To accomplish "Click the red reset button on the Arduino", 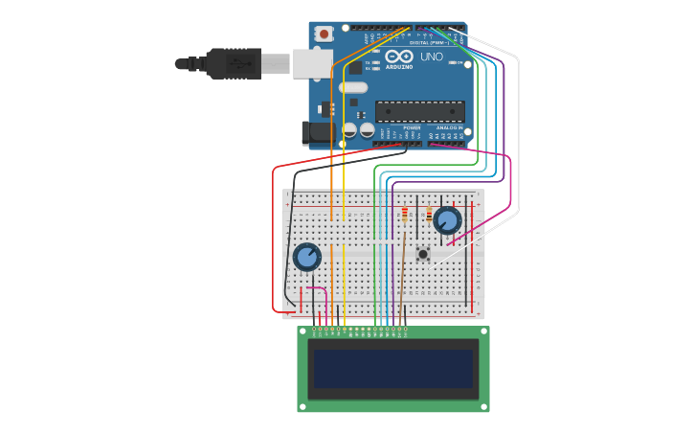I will [x=324, y=34].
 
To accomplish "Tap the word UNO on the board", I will [x=432, y=57].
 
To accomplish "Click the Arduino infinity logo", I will [x=400, y=57].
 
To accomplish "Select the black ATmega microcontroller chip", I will [x=419, y=111].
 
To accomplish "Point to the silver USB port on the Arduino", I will [x=311, y=63].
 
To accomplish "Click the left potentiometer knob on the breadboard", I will [x=306, y=257].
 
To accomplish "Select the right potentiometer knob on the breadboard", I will [x=447, y=220].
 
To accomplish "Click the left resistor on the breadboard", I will [x=405, y=214].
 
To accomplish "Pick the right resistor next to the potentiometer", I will [x=429, y=215].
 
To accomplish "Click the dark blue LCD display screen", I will [x=392, y=369].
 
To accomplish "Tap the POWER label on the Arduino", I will [x=412, y=127].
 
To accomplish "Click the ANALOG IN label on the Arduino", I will [x=449, y=127].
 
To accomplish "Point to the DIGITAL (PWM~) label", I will [x=428, y=43].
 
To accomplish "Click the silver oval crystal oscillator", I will [x=352, y=87].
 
